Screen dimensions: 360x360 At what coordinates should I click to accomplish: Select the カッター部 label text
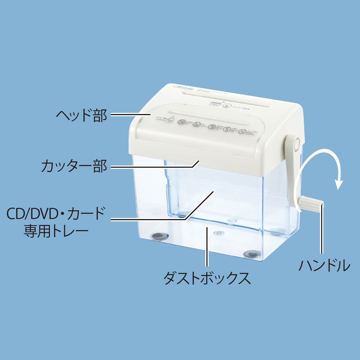click(x=74, y=166)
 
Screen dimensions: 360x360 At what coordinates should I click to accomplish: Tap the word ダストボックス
click(x=207, y=278)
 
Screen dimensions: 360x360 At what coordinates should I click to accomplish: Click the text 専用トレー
click(x=56, y=232)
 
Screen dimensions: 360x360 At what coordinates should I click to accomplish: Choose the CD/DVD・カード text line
click(x=56, y=214)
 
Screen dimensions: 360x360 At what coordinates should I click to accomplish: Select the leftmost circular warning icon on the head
click(x=181, y=122)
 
